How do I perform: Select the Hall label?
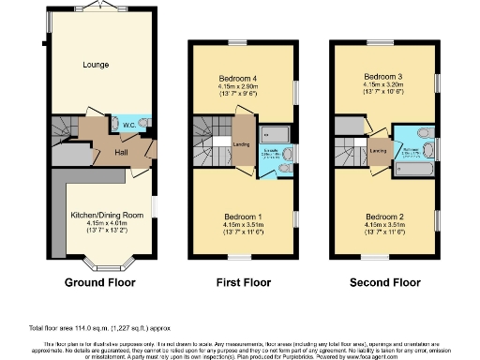point(121,152)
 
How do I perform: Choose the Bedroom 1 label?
point(243,217)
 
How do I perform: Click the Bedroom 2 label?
point(385,217)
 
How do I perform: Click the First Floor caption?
point(242,281)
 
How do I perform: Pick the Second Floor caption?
point(384,281)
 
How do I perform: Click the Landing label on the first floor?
point(240,143)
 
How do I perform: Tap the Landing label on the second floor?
point(380,150)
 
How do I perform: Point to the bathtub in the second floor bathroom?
point(412,168)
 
